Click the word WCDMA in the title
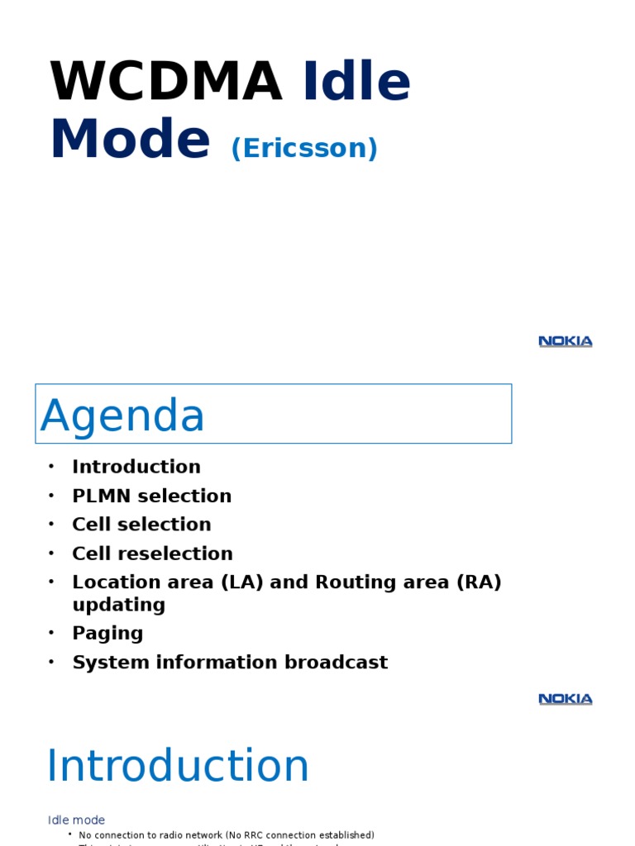[166, 82]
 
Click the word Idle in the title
[357, 82]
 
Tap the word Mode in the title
[130, 140]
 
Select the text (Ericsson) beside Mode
[304, 148]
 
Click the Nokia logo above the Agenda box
[566, 341]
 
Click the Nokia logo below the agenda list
[566, 699]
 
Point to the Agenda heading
[122, 415]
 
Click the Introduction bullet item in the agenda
[136, 467]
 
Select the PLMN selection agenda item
[151, 496]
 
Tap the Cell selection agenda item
[141, 525]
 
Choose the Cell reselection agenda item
[152, 554]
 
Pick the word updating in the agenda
[119, 605]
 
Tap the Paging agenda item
[107, 634]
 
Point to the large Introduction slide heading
[178, 766]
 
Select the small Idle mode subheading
[76, 820]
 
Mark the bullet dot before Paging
[51, 633]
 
